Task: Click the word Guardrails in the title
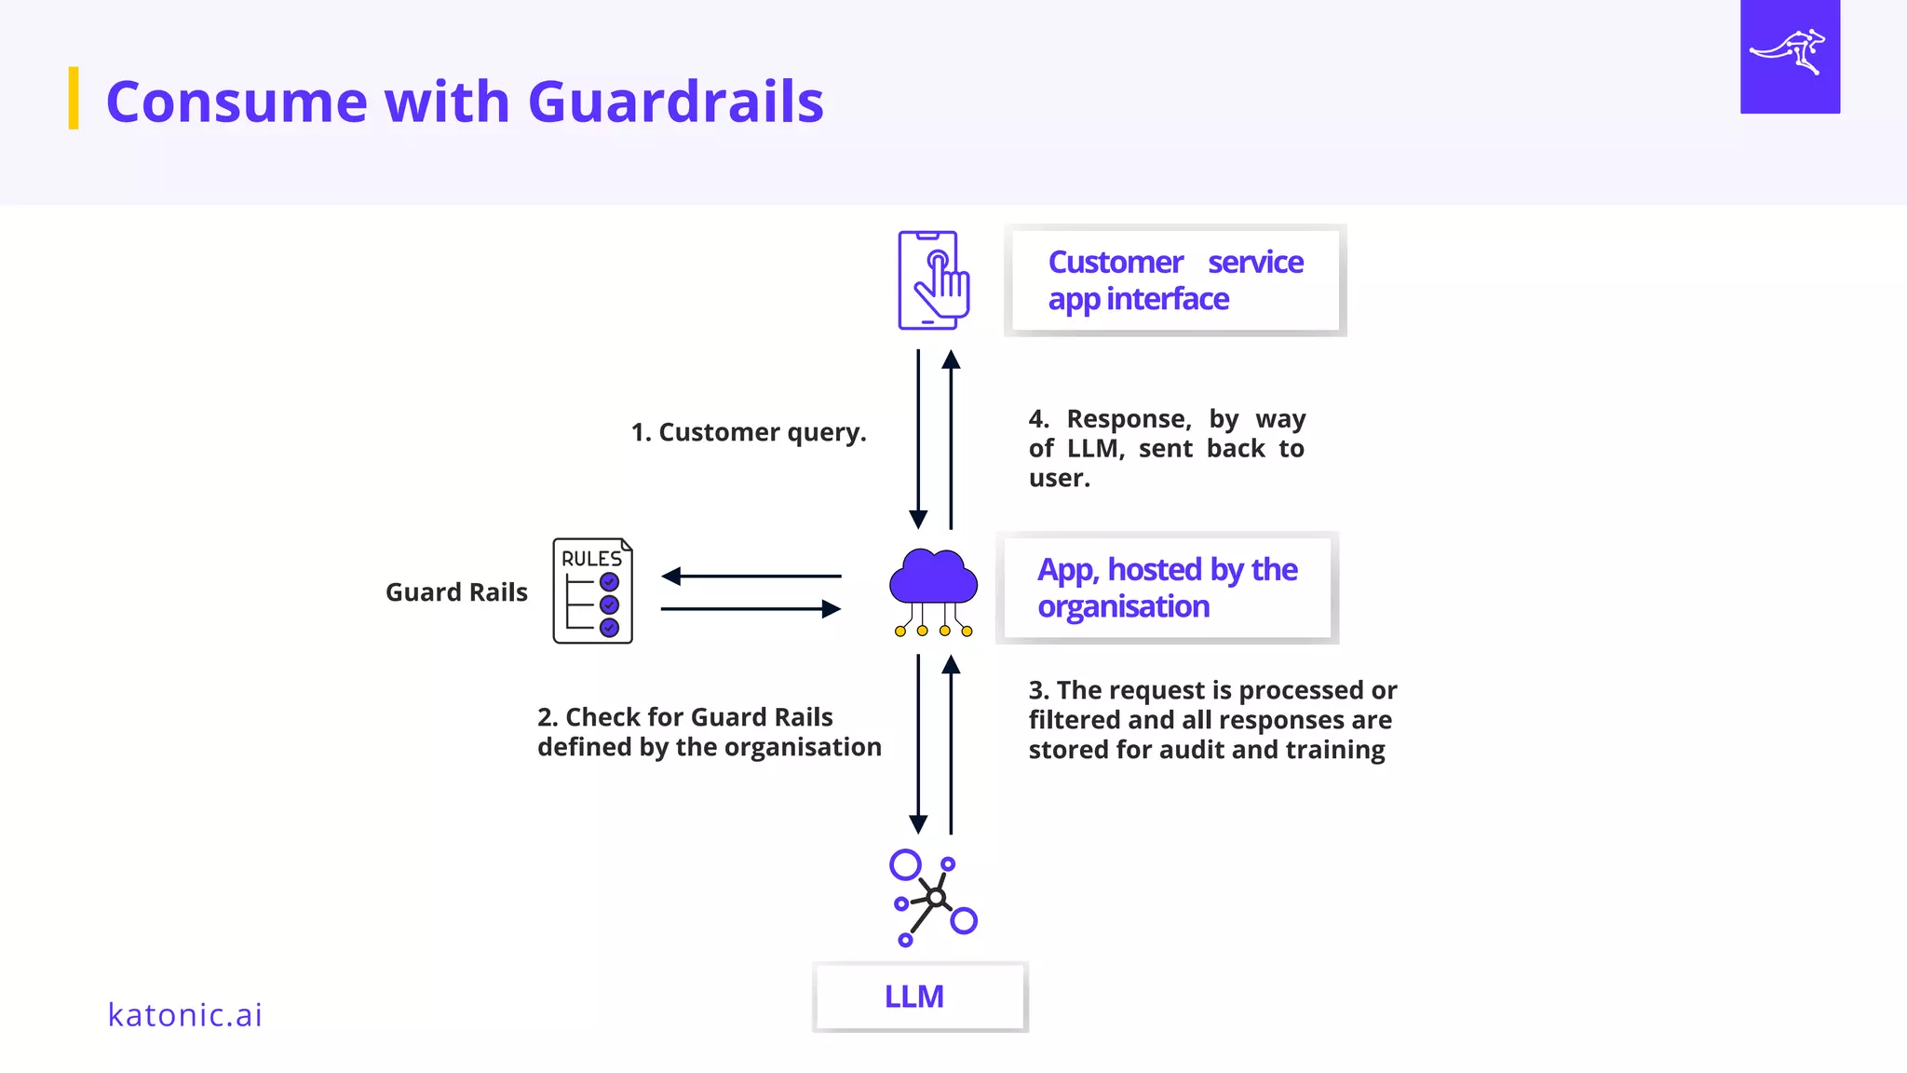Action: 675,101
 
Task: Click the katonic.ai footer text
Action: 185,1014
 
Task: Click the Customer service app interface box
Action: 1175,280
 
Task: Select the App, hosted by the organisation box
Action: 1167,588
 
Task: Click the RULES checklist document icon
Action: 593,591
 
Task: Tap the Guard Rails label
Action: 456,592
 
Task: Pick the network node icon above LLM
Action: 933,898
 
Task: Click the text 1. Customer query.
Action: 749,432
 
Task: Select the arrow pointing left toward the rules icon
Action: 751,577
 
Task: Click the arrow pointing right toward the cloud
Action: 751,609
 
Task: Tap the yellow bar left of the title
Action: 74,98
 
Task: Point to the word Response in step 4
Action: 1129,419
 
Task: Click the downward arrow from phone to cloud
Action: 918,438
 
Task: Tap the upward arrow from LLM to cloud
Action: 951,745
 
